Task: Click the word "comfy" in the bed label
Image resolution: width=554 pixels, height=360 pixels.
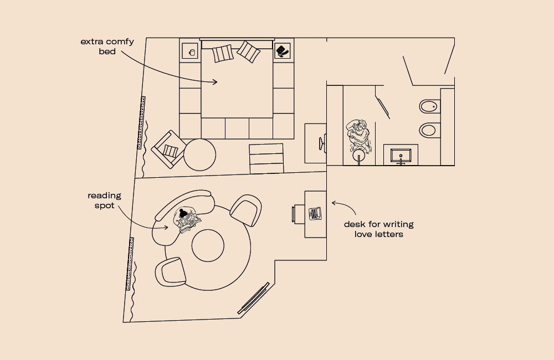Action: tap(120, 42)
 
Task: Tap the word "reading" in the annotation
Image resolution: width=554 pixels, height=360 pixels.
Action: tap(104, 196)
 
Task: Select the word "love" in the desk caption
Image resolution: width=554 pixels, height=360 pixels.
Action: tap(365, 234)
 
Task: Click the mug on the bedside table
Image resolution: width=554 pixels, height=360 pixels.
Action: tap(192, 53)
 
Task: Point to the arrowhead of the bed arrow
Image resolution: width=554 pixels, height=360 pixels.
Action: tap(215, 82)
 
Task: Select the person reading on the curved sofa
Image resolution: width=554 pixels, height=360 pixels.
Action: tap(186, 220)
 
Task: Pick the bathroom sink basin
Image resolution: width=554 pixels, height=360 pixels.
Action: tap(401, 156)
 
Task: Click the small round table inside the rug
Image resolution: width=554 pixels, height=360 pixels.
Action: tap(208, 245)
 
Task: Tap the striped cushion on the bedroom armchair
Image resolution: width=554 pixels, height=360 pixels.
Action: tap(170, 151)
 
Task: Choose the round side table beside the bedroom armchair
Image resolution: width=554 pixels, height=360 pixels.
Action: tap(199, 155)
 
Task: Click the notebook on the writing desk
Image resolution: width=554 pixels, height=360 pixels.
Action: tap(315, 214)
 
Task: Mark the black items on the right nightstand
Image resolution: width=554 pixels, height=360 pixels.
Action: tap(282, 51)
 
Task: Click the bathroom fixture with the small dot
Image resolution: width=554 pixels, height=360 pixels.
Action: tap(430, 106)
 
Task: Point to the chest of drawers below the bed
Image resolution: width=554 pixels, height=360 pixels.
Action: tap(266, 158)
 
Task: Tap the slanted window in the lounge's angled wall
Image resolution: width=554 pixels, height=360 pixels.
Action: tap(253, 298)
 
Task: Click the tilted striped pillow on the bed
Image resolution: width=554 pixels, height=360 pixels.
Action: tap(248, 52)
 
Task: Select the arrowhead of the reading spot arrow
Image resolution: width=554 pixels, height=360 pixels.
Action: tap(166, 228)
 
